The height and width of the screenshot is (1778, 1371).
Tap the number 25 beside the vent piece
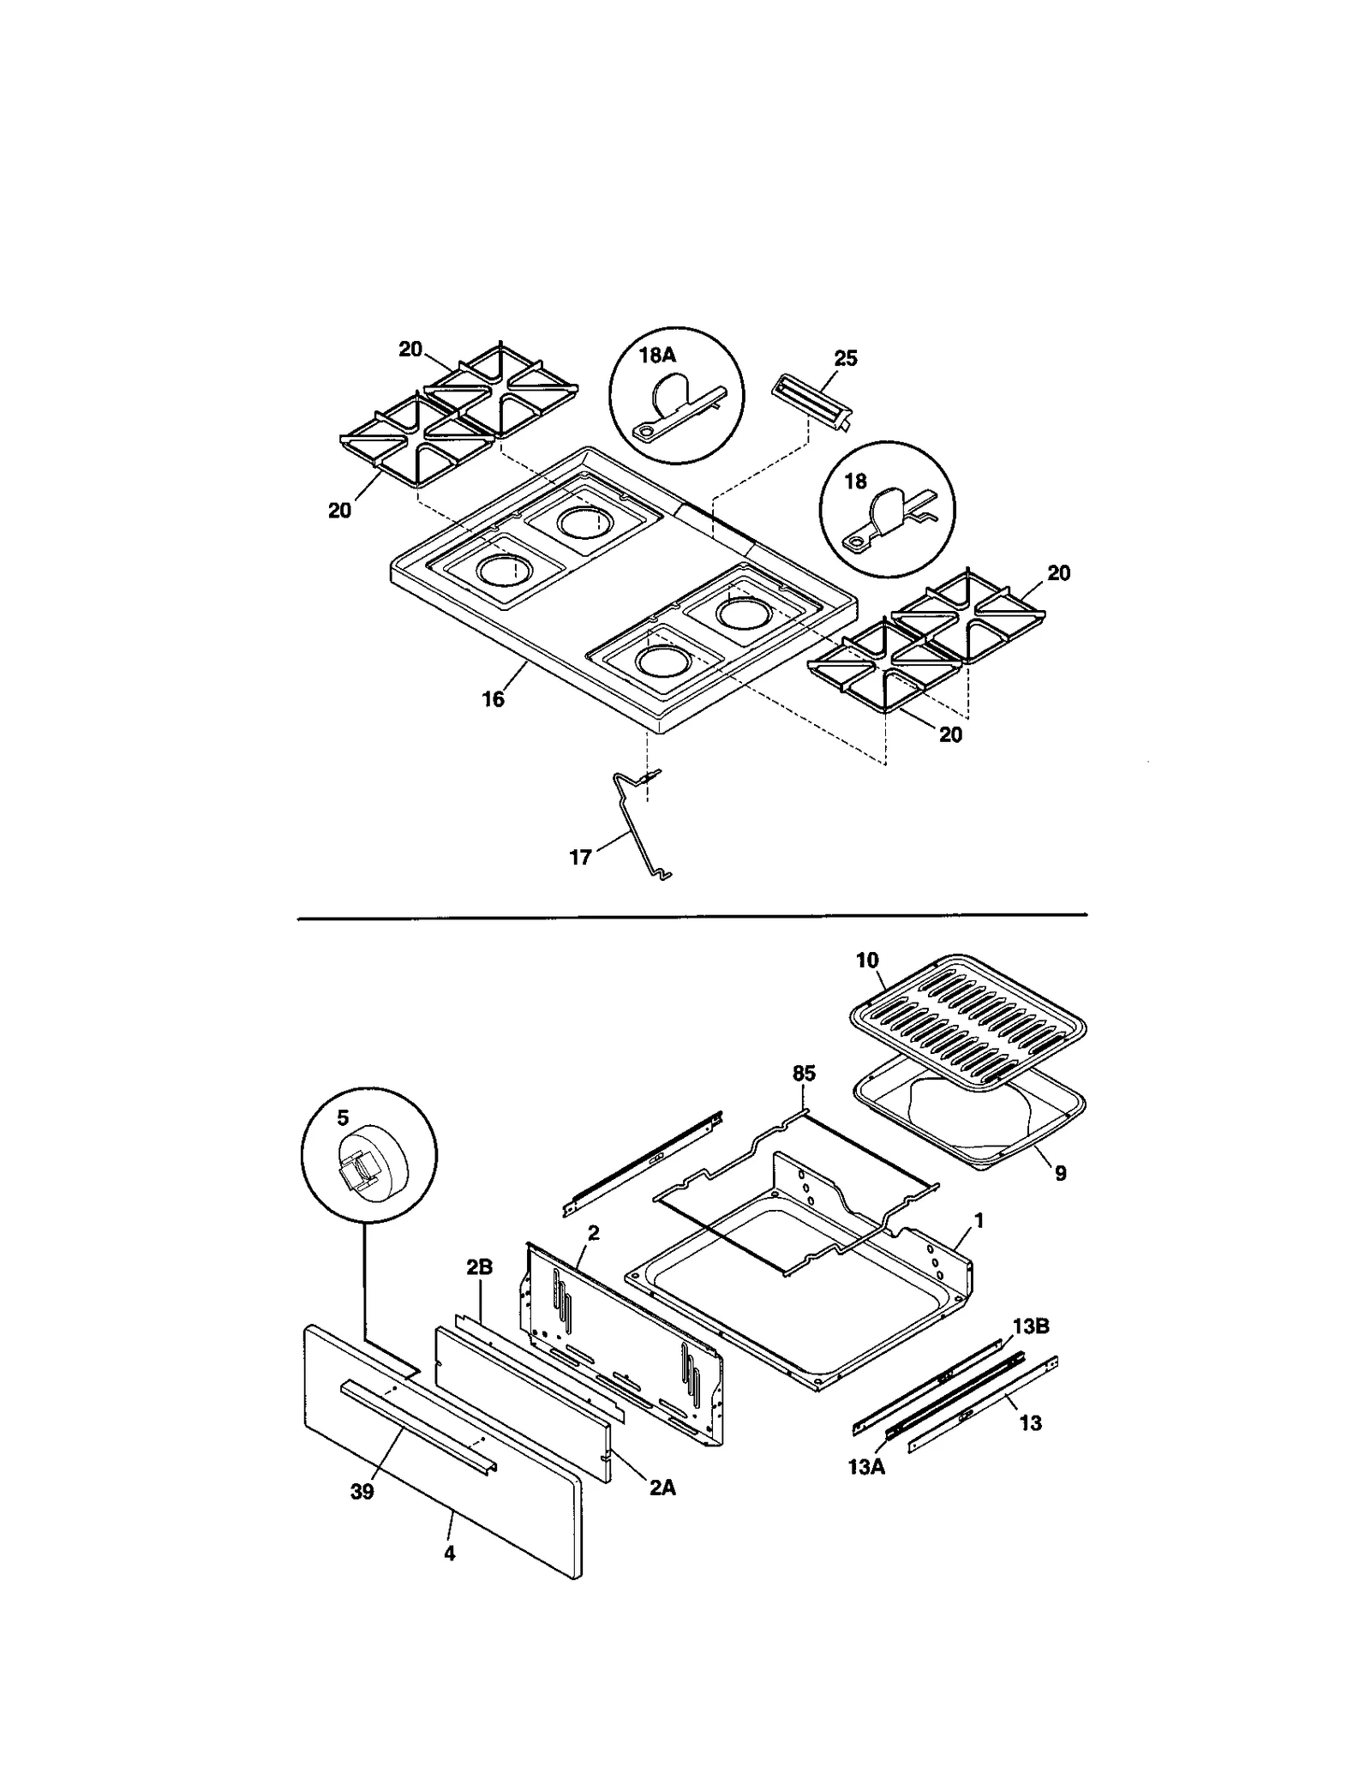click(845, 358)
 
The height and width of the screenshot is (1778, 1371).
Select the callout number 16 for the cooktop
click(493, 699)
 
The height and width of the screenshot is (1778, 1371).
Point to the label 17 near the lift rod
click(580, 857)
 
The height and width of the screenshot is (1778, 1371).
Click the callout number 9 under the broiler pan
click(1060, 1173)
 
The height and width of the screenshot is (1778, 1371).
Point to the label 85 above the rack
click(804, 1074)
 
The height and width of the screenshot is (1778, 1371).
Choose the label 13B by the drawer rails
click(1030, 1326)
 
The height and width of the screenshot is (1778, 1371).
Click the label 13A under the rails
click(865, 1467)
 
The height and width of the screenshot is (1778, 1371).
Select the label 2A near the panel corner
click(661, 1488)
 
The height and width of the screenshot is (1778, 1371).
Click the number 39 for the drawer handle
click(362, 1492)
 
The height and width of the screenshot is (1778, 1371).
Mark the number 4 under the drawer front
click(449, 1554)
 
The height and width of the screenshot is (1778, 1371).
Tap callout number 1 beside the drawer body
click(979, 1219)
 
